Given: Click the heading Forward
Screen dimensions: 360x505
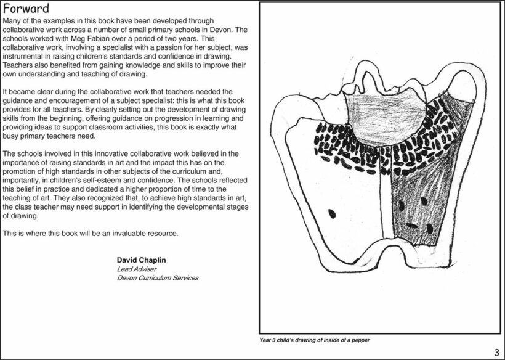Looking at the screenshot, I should pos(25,10).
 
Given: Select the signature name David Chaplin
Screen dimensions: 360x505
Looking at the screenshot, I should pos(141,260).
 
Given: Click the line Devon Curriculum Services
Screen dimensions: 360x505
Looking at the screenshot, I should pos(158,278).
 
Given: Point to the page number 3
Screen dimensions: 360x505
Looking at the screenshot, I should pos(496,352).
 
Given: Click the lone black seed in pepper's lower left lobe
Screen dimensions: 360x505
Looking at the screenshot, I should pos(331,214).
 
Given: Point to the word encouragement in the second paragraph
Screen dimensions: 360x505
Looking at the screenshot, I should pos(77,100).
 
